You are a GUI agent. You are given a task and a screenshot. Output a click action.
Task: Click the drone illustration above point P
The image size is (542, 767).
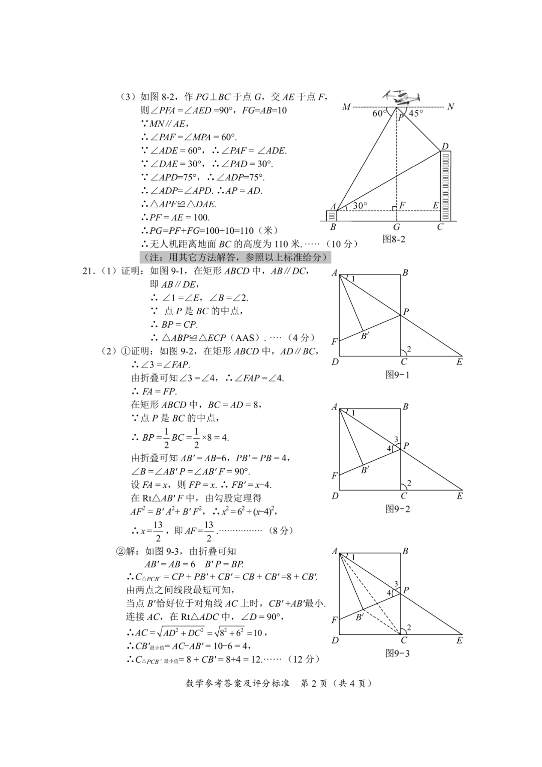click(x=402, y=97)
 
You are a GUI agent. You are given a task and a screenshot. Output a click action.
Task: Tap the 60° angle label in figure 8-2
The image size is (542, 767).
click(x=379, y=113)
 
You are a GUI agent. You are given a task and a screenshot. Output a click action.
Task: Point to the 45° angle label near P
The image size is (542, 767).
click(x=416, y=113)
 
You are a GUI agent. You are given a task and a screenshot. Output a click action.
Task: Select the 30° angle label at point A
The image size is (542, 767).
click(x=360, y=206)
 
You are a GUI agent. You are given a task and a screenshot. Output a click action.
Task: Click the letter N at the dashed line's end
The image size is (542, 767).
click(x=450, y=106)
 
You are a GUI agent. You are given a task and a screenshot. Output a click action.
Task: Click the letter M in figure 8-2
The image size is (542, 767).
click(x=346, y=107)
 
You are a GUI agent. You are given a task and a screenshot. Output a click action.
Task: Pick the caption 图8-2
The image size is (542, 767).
click(x=394, y=239)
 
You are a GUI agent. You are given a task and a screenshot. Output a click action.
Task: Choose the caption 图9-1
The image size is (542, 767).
click(x=397, y=374)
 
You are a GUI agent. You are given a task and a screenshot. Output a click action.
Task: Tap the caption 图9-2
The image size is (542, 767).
click(x=397, y=508)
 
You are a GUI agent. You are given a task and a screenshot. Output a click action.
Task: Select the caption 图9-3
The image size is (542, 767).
click(x=397, y=653)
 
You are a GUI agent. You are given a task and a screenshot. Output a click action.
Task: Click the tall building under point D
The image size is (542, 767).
click(x=446, y=186)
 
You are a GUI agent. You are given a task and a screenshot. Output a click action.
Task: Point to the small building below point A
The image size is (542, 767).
click(x=332, y=215)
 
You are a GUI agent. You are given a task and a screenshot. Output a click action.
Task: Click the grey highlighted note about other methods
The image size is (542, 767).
click(x=235, y=258)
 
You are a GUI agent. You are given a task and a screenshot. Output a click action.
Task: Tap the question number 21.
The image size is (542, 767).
click(x=88, y=271)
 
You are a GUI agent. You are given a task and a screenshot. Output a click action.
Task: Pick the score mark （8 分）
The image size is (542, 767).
click(x=281, y=531)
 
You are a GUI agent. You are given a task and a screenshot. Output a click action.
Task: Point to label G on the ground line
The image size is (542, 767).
click(x=396, y=227)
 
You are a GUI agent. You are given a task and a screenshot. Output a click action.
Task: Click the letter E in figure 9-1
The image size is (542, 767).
click(x=459, y=362)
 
